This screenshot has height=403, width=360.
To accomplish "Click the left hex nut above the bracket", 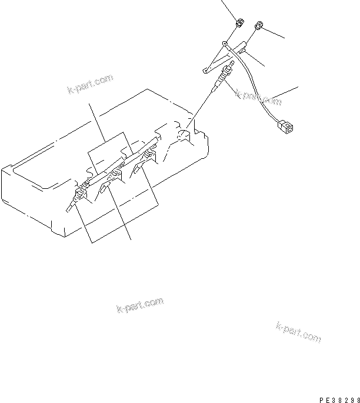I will tap(239, 24).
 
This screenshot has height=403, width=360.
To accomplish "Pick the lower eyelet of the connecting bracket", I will tap(205, 71).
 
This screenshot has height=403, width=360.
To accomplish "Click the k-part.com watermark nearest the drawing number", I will tap(298, 331).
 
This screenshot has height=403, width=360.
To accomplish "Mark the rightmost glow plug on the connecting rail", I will tap(149, 156).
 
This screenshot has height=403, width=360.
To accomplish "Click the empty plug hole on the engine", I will tap(184, 136).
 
